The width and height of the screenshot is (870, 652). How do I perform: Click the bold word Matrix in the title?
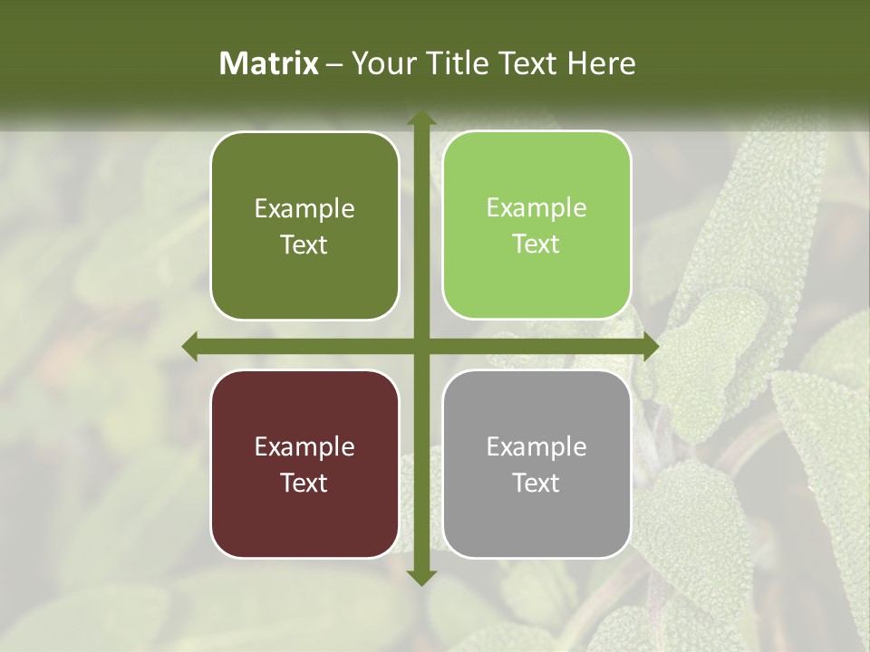(269, 63)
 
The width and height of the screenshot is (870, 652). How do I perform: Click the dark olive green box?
(304, 225)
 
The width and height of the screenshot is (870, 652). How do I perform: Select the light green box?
(536, 225)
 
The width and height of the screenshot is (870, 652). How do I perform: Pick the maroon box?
(304, 464)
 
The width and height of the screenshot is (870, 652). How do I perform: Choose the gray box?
(536, 464)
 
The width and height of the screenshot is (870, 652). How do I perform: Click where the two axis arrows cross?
(421, 346)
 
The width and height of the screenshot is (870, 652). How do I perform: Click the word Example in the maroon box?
(304, 446)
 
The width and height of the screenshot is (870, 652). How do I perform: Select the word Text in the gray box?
(536, 483)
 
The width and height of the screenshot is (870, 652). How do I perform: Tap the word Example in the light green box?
(536, 207)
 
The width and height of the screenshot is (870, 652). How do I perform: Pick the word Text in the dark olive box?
(304, 244)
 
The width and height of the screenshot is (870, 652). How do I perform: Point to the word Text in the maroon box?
(304, 483)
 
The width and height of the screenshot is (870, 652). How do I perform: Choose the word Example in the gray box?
(536, 446)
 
